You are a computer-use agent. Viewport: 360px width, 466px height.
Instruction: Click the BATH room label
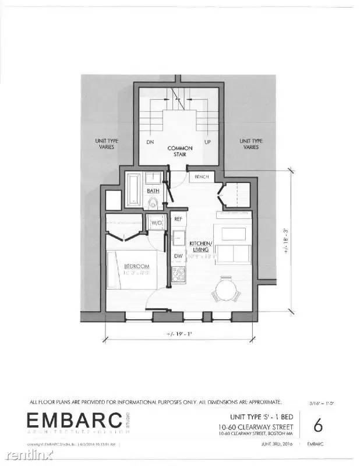[x=153, y=190]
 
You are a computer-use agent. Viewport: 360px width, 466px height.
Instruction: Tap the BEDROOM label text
[x=137, y=267]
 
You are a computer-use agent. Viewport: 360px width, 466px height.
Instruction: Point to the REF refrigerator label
[x=179, y=219]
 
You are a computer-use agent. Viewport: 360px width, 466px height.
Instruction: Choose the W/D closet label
[x=156, y=223]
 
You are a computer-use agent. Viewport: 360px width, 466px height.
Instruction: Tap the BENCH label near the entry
[x=202, y=176]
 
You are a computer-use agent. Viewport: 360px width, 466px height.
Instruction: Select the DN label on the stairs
[x=150, y=142]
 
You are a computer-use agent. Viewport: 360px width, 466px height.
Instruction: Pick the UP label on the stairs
[x=207, y=142]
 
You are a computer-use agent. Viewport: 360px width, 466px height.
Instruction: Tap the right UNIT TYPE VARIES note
[x=251, y=144]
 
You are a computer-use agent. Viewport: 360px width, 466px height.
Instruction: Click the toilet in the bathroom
[x=153, y=202]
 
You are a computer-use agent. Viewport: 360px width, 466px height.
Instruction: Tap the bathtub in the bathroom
[x=133, y=189]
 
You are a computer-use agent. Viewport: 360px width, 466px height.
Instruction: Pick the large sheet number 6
[x=318, y=425]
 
